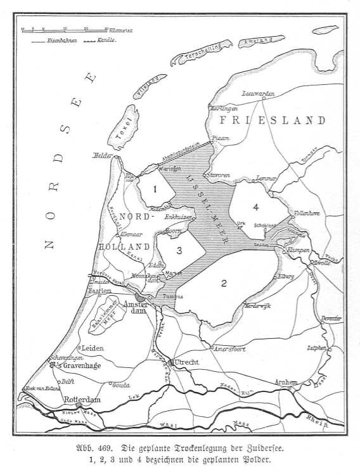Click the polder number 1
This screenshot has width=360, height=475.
pyautogui.click(x=154, y=189)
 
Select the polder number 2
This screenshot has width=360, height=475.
pyautogui.click(x=223, y=282)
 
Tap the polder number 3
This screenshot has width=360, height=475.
pyautogui.click(x=179, y=251)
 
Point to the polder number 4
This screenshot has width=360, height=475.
pyautogui.click(x=255, y=206)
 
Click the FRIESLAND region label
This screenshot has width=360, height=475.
pyautogui.click(x=273, y=120)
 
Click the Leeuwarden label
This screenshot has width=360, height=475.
pyautogui.click(x=259, y=94)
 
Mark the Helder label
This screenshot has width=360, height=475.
pyautogui.click(x=101, y=155)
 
